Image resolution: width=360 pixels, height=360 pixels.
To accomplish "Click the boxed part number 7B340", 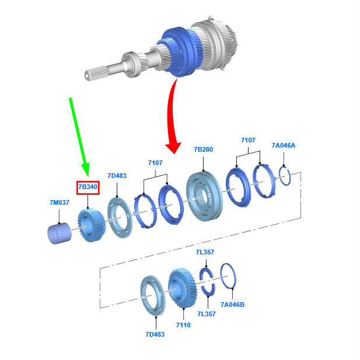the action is (x=88, y=187).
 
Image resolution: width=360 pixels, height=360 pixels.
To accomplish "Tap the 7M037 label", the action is (x=60, y=202).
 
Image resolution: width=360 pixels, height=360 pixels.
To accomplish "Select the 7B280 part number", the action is (x=204, y=149).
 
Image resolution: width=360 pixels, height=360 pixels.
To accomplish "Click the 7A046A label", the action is (x=284, y=145).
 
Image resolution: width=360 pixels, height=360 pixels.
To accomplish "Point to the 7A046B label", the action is (x=233, y=305).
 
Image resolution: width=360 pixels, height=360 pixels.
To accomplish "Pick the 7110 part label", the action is (x=183, y=325).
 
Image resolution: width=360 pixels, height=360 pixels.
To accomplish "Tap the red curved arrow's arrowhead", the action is (x=174, y=148).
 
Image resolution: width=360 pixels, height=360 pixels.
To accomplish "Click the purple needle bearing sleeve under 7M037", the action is (x=60, y=233).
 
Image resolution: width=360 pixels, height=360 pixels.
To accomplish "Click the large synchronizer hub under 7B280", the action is (x=204, y=196).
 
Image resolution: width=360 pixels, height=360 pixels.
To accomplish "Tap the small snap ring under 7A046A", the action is (x=285, y=176).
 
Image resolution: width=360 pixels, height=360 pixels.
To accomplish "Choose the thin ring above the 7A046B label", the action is (x=228, y=276).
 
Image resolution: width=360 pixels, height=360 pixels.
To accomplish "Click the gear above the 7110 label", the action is (x=183, y=288).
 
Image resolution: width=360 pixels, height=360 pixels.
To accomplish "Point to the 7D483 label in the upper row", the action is (x=117, y=176).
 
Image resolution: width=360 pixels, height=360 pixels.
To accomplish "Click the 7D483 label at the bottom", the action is (x=155, y=334).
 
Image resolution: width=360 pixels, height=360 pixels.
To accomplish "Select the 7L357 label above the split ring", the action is (x=205, y=252).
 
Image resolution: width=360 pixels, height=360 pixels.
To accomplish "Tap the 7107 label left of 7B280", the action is (x=155, y=163).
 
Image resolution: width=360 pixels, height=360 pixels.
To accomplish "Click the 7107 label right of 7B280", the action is (x=248, y=140).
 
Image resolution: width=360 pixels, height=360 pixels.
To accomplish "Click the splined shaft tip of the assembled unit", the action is (x=88, y=75).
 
